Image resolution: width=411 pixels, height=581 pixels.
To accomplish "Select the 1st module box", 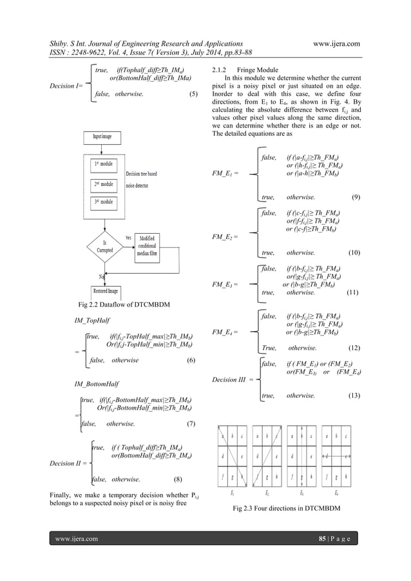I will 104,165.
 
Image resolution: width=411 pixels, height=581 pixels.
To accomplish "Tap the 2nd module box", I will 104,184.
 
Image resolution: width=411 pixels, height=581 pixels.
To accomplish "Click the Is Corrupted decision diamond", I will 104,246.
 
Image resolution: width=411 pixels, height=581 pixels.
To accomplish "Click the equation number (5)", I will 193,94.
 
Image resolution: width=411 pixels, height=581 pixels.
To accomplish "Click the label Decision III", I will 229,379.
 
